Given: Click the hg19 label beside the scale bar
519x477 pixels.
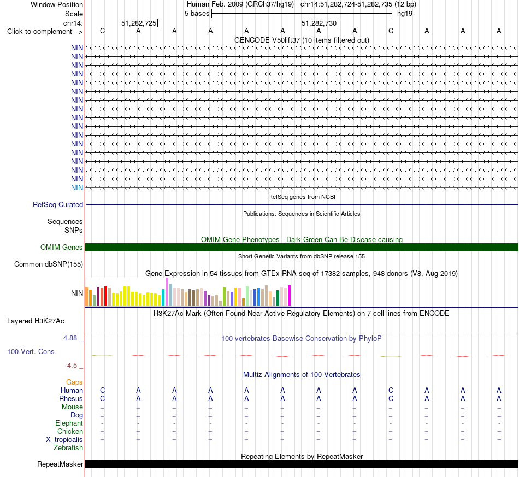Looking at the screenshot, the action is point(404,14).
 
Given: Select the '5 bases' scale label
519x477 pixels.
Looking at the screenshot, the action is point(197,14).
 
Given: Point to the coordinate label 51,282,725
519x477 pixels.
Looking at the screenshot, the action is point(139,23).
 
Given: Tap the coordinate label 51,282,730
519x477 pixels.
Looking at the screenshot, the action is point(319,23).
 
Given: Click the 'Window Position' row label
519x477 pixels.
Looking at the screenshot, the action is point(57,4).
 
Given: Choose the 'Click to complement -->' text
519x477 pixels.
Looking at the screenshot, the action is point(45,32).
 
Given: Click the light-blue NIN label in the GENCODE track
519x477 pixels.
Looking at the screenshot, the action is point(77,188).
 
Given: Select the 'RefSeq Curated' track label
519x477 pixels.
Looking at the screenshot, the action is point(58,204).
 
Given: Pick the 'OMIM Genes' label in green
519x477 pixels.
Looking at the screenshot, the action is point(62,248).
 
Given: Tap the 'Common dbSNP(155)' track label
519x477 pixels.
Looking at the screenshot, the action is point(49,264).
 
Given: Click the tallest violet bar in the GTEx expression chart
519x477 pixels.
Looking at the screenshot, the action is point(167,292).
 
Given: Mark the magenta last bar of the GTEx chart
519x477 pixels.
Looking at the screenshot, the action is point(290,296).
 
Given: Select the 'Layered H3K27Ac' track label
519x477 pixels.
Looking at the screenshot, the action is point(36,321).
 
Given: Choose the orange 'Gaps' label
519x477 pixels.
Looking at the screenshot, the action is point(74,382).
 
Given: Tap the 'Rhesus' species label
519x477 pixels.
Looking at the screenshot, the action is point(71,398).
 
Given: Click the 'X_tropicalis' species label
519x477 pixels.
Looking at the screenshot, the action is point(64,440).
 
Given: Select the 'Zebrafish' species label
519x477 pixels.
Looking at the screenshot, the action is point(68,448).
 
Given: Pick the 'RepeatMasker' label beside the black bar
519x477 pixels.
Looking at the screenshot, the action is point(60,464).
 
